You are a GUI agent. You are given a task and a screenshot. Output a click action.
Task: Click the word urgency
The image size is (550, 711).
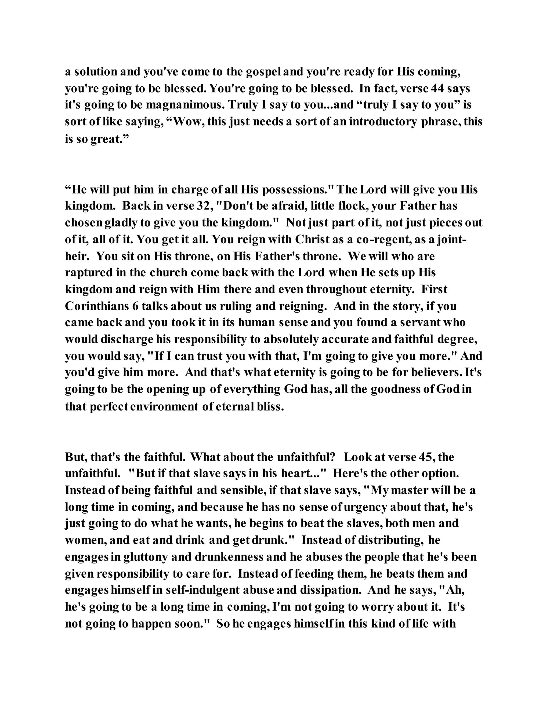click(365, 507)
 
